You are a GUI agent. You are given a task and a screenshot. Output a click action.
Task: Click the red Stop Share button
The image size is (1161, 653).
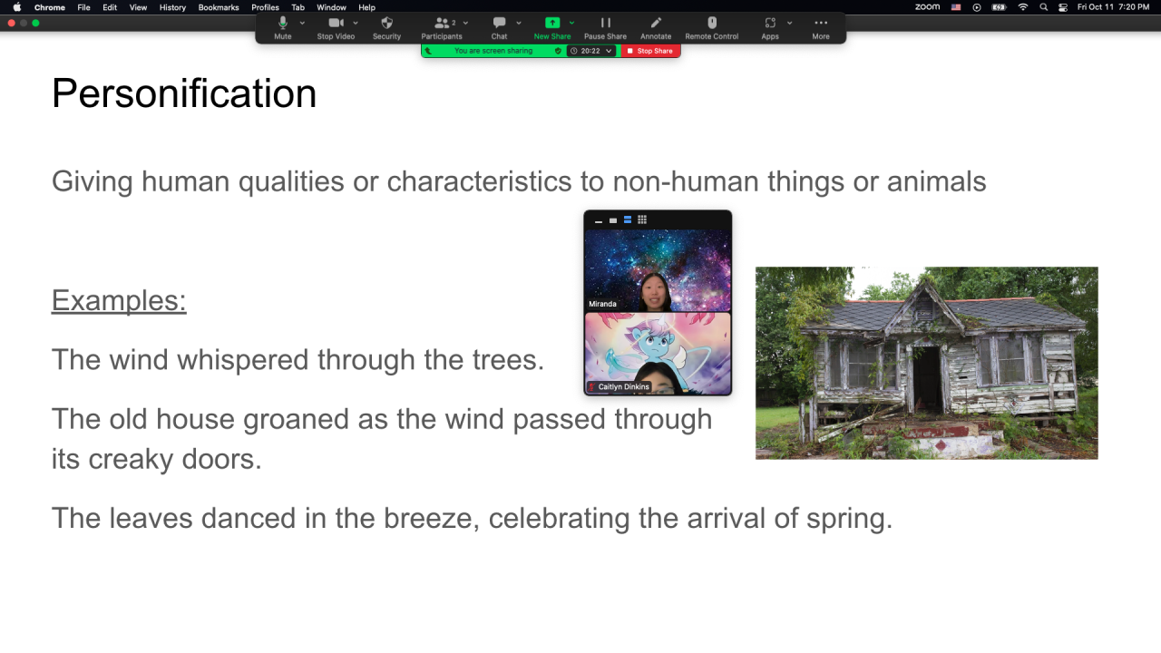pyautogui.click(x=650, y=51)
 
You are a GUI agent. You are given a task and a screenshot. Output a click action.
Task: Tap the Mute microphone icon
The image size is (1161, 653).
pyautogui.click(x=282, y=23)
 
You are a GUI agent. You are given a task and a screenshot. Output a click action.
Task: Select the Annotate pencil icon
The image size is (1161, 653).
pyautogui.click(x=656, y=23)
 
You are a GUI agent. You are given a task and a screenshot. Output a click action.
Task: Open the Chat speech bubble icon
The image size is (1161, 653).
pyautogui.click(x=499, y=23)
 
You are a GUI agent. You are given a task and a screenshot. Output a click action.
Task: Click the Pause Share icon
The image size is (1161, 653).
pyautogui.click(x=605, y=23)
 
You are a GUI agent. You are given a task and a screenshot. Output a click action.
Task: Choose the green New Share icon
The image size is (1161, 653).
pyautogui.click(x=552, y=23)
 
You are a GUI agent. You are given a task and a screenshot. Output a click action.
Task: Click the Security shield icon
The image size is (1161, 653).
pyautogui.click(x=386, y=23)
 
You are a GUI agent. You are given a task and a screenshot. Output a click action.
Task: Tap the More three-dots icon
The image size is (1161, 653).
pyautogui.click(x=821, y=23)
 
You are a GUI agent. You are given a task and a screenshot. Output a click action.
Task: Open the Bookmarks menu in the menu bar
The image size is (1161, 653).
pyautogui.click(x=219, y=7)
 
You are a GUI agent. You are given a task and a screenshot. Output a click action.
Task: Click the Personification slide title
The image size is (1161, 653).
pyautogui.click(x=184, y=93)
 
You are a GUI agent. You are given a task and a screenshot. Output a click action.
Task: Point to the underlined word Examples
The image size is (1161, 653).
pyautogui.click(x=119, y=300)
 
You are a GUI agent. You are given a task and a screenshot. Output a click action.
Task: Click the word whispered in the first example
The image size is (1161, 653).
pyautogui.click(x=242, y=360)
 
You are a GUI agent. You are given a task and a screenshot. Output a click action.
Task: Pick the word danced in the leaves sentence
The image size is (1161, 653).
pyautogui.click(x=249, y=518)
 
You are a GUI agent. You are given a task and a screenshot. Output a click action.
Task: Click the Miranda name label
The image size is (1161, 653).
pyautogui.click(x=602, y=304)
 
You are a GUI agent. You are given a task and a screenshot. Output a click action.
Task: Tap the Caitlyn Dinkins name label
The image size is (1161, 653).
pyautogui.click(x=623, y=386)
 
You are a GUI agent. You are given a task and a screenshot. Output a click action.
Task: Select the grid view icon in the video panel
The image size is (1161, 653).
pyautogui.click(x=642, y=219)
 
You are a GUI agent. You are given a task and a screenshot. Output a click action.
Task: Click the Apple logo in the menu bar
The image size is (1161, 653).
pyautogui.click(x=17, y=7)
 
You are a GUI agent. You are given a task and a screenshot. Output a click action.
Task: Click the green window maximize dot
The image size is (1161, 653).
pyautogui.click(x=35, y=23)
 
